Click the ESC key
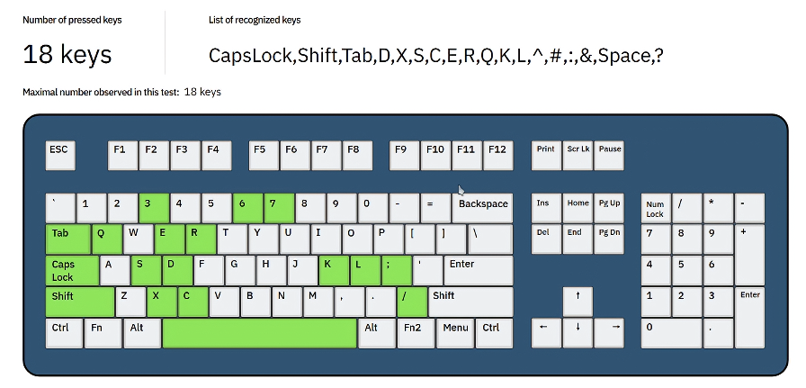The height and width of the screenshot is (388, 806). [x=60, y=155]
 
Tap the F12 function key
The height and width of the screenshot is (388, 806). [x=497, y=155]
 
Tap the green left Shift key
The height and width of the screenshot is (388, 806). [x=80, y=302]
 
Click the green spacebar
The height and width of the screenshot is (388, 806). [x=259, y=332]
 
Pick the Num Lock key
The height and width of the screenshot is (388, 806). [x=655, y=209]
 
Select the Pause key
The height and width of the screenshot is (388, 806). [x=609, y=155]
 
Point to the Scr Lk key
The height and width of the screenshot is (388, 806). [x=578, y=155]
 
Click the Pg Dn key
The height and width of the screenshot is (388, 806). [x=609, y=239]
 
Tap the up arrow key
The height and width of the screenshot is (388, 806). [x=578, y=302]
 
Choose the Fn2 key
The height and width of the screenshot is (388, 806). [x=412, y=332]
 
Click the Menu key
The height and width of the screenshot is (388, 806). [x=455, y=332]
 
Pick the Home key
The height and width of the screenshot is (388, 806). [x=578, y=209]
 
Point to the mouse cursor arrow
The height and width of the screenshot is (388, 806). [x=461, y=190]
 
